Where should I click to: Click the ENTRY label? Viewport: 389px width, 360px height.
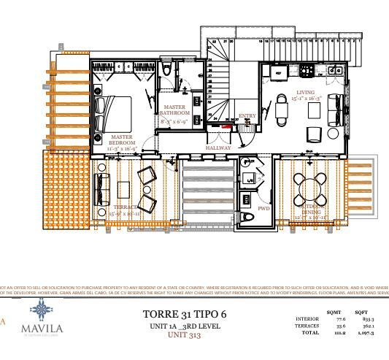[x=247, y=115]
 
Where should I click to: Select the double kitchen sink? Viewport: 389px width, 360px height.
[x=333, y=71]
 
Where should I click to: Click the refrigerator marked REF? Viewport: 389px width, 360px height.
[x=277, y=73]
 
